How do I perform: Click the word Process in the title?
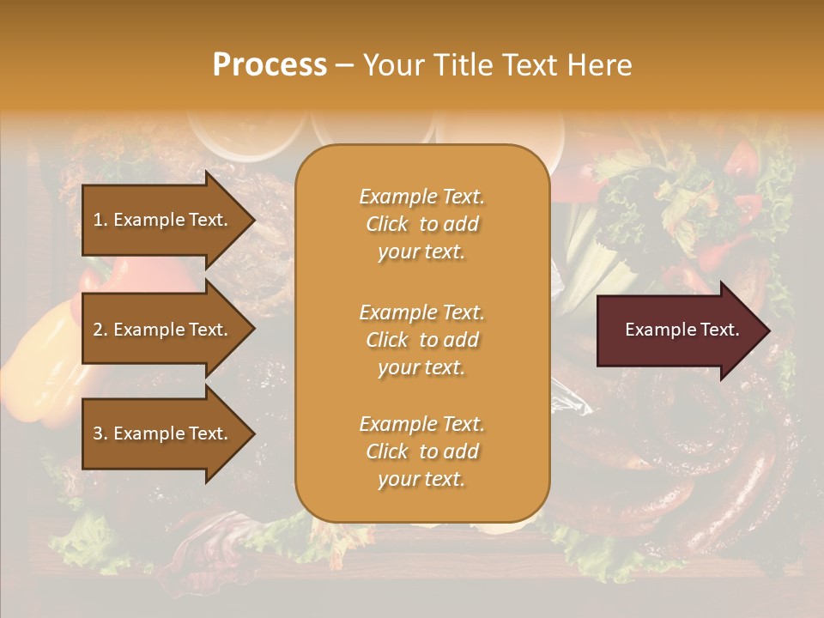[x=270, y=65]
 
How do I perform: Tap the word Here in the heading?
[x=597, y=65]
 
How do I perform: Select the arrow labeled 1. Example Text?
[x=163, y=220]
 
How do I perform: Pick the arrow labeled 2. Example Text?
[x=163, y=330]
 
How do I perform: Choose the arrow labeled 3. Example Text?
[x=163, y=433]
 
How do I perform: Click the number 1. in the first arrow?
[x=100, y=220]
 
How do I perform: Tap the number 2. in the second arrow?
[x=100, y=330]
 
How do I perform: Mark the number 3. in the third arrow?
[x=100, y=433]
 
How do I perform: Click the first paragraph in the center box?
[x=421, y=224]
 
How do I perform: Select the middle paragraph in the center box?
[x=421, y=340]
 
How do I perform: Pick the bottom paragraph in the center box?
[x=421, y=451]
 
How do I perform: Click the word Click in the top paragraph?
[x=387, y=224]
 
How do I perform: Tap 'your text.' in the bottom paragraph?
[x=421, y=479]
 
